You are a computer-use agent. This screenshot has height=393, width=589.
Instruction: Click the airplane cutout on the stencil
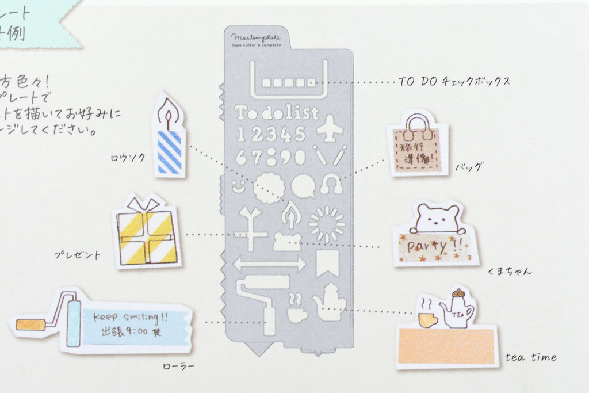[x=329, y=128]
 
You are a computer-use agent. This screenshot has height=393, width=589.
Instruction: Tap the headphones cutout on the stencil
[x=331, y=184]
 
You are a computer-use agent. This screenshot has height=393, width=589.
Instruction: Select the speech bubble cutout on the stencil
[x=303, y=186]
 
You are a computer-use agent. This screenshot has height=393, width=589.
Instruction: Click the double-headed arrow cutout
[x=269, y=264]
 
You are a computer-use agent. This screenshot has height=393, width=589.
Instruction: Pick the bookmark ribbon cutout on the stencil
[x=327, y=264]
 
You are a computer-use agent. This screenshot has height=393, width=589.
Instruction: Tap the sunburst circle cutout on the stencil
[x=327, y=224]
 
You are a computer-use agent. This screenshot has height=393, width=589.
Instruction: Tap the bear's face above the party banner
[x=437, y=218]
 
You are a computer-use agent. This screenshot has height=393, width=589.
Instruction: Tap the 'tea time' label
[x=530, y=357]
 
